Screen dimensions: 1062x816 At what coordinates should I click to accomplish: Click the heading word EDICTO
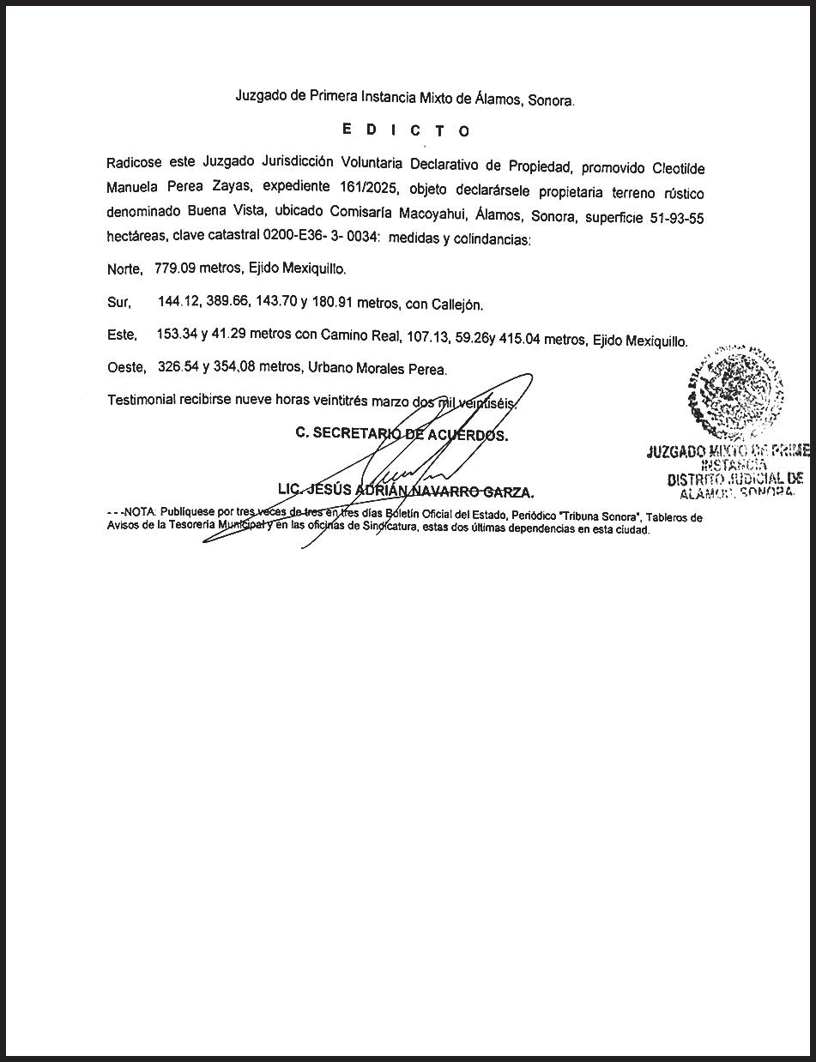(406, 130)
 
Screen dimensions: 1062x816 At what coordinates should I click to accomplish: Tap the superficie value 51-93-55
(674, 217)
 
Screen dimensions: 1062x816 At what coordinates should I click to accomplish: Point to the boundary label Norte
(124, 269)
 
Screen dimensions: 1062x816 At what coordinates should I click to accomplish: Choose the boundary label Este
(122, 335)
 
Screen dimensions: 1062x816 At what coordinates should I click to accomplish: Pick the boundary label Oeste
(126, 369)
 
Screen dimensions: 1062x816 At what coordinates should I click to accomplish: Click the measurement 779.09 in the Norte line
(176, 269)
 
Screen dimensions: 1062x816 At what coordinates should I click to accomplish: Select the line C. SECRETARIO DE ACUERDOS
(402, 434)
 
